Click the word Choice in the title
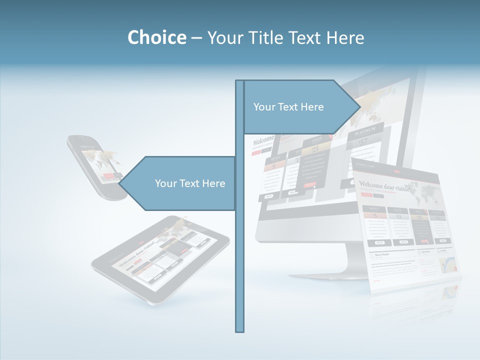pyautogui.click(x=156, y=37)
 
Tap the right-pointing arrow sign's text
pyautogui.click(x=288, y=107)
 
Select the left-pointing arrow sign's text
pyautogui.click(x=190, y=183)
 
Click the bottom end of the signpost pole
pyautogui.click(x=240, y=330)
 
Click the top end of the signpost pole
pyautogui.click(x=240, y=82)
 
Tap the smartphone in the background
pyautogui.click(x=97, y=167)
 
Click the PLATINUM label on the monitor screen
pyautogui.click(x=365, y=131)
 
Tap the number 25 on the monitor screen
pyautogui.click(x=315, y=149)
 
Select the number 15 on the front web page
pyautogui.click(x=398, y=217)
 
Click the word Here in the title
pyautogui.click(x=345, y=37)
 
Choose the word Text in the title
pyautogui.click(x=305, y=37)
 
